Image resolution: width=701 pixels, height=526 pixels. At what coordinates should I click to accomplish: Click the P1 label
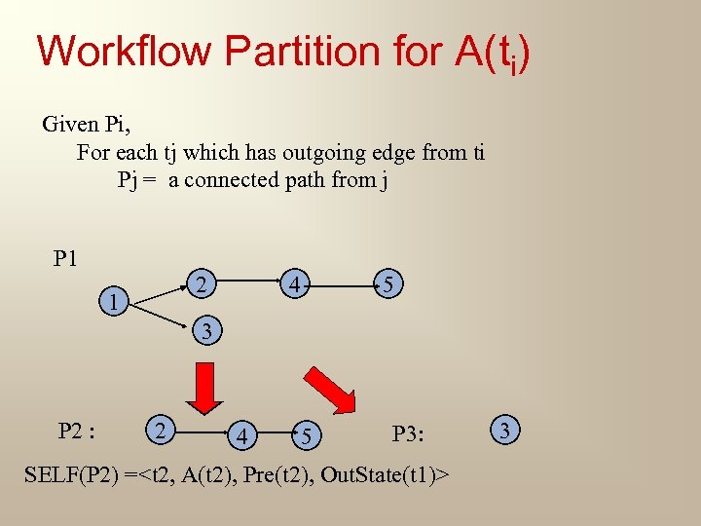coord(66,258)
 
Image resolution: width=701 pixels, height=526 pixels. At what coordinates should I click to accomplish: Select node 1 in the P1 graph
coord(115,303)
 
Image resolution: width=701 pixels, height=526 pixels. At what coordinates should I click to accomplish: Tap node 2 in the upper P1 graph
coord(200,284)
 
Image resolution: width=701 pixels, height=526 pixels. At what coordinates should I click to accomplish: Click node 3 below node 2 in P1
coord(206,331)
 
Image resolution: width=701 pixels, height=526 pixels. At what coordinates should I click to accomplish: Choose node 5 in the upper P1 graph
coord(387,285)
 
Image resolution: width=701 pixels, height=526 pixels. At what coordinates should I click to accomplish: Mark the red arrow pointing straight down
coord(205,387)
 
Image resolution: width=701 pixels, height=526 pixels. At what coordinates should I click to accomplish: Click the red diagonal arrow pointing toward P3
coord(331,389)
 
